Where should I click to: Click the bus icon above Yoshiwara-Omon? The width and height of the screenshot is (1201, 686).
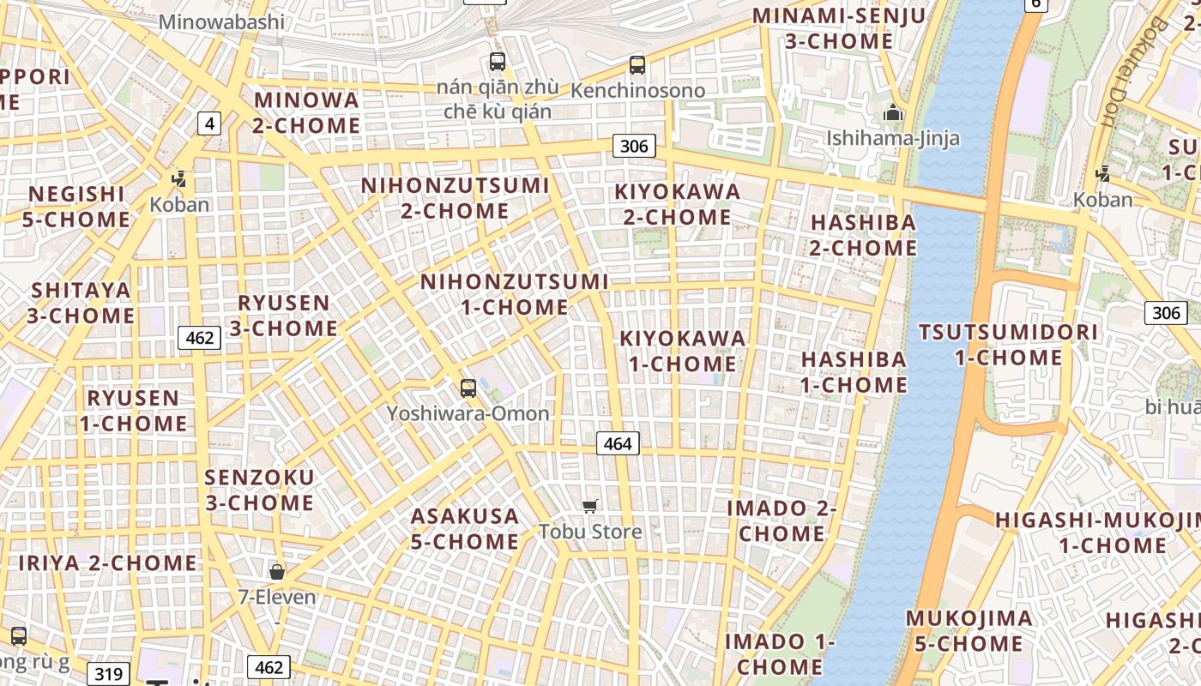coord(468,388)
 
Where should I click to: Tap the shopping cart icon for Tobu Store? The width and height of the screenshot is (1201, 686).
coord(589,507)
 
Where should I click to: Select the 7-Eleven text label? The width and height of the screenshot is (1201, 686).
coord(277,597)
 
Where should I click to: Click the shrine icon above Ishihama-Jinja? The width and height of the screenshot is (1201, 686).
coord(893,112)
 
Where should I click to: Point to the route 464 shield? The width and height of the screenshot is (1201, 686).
coord(617,443)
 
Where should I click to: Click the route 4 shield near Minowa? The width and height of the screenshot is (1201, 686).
coord(209,123)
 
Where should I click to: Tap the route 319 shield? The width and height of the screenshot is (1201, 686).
coord(108,674)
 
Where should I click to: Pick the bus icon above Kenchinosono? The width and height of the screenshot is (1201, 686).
coord(637,64)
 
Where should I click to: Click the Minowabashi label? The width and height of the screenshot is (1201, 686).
coord(221,21)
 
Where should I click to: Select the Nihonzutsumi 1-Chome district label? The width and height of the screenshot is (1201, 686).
coord(515,294)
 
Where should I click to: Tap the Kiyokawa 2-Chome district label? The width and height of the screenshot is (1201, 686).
coord(678,204)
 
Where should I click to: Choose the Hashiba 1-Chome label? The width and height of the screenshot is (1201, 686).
coord(854,372)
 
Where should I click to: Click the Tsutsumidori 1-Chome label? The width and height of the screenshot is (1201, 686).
coord(1008,345)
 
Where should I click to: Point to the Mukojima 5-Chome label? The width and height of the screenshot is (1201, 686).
coord(969,630)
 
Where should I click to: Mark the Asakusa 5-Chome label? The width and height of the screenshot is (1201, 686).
coord(465,529)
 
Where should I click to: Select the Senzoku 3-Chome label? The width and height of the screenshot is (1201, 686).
coord(259,490)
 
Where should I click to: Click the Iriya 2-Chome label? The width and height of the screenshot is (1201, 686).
coord(108,563)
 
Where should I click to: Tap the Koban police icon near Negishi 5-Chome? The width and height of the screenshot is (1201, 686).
coord(179,179)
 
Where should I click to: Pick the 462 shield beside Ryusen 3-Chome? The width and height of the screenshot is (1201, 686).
coord(199,338)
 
